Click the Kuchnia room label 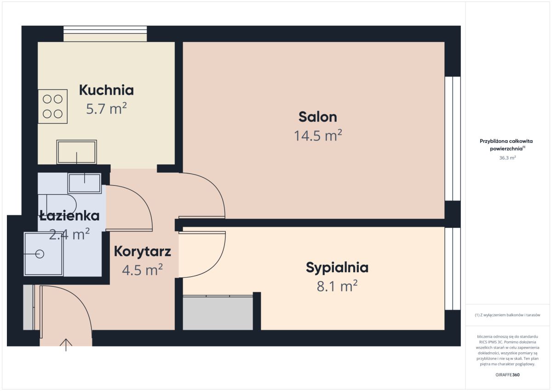tap(106, 90)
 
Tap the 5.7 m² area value tap(106, 109)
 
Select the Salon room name tap(318, 117)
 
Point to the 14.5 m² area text tap(318, 135)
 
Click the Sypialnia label tap(337, 268)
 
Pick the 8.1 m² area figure tap(337, 286)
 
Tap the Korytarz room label tap(143, 251)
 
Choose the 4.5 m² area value tap(143, 269)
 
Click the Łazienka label tap(69, 216)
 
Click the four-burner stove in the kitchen tap(53, 106)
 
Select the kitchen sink tap(77, 152)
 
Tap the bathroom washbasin tap(85, 183)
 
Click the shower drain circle tap(40, 254)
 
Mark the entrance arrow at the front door tap(66, 345)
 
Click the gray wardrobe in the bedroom tap(218, 312)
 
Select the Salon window tap(453, 139)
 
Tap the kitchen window tap(105, 34)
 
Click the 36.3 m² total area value tap(507, 158)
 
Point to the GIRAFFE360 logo tap(507, 375)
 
